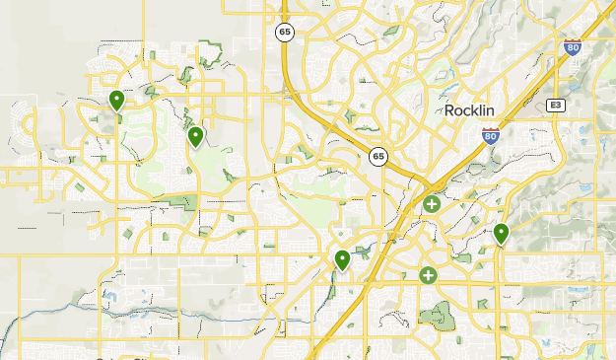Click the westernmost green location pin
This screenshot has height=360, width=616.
click(x=116, y=100)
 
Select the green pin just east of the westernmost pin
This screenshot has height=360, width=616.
click(x=196, y=136)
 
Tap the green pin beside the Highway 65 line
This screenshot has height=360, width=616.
click(x=342, y=260)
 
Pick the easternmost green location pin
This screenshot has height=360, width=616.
click(x=501, y=234)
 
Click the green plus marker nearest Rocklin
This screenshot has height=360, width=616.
click(x=432, y=204)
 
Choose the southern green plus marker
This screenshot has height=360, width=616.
click(x=428, y=275)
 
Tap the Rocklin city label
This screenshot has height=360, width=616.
click(x=475, y=110)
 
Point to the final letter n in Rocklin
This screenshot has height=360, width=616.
click(x=501, y=110)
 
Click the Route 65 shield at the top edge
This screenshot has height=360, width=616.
click(x=284, y=33)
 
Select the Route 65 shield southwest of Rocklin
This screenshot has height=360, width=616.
click(x=378, y=156)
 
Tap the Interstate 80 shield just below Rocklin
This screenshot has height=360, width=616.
click(x=490, y=137)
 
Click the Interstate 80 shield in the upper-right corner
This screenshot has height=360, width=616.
click(x=573, y=46)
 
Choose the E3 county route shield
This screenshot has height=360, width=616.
click(x=556, y=104)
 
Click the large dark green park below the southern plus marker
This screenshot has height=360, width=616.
click(x=436, y=316)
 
